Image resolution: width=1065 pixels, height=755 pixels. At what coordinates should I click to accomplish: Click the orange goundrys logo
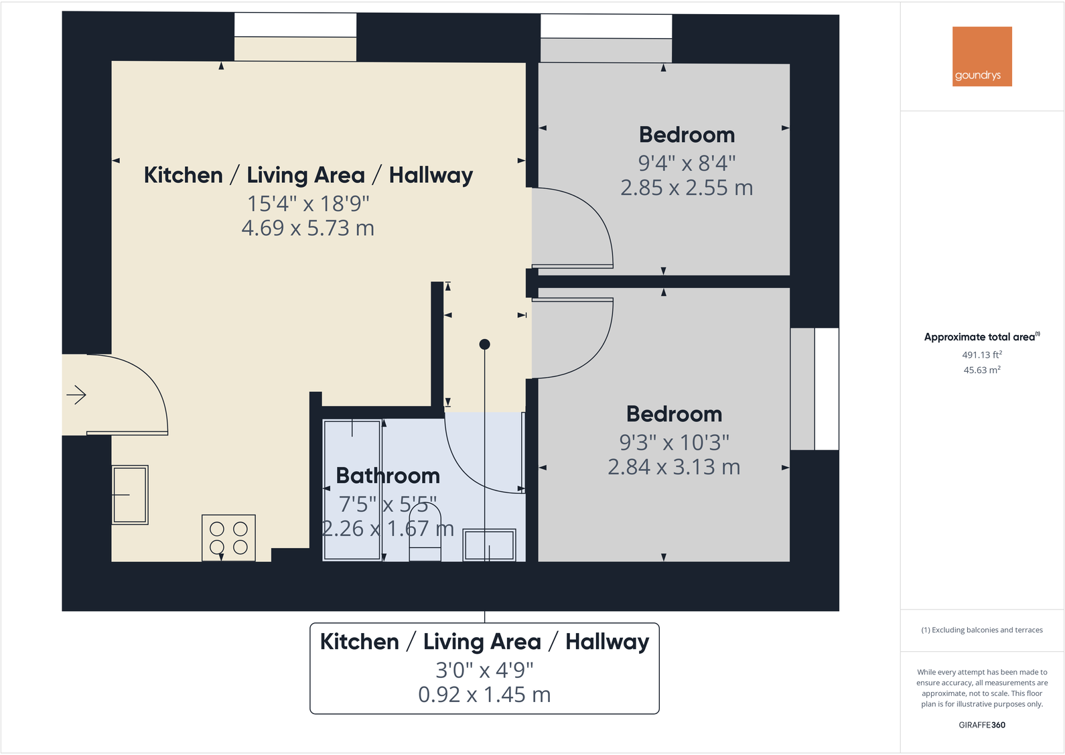coord(982,56)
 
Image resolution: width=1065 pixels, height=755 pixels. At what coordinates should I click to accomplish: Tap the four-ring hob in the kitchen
coord(228,538)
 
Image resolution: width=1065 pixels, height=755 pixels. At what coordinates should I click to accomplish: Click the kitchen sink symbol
coord(130,495)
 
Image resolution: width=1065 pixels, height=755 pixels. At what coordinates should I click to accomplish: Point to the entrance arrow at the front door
coord(76,395)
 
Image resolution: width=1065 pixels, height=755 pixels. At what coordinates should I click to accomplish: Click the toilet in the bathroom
coord(425,533)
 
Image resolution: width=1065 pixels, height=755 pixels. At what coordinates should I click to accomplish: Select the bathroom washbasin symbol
coord(489,545)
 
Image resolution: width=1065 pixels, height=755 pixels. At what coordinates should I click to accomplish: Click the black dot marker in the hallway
coord(485,344)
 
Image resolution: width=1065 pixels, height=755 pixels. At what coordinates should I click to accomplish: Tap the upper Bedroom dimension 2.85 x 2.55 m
coord(687,188)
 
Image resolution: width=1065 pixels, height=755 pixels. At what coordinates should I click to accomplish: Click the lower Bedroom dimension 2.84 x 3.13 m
coord(674,467)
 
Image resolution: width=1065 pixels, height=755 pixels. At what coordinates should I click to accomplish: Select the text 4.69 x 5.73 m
coord(307,228)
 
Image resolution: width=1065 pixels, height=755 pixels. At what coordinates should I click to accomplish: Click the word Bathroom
coord(388,476)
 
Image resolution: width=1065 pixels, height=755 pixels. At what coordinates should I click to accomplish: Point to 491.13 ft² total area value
coord(981,355)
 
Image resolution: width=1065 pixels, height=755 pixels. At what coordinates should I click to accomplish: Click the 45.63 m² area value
coord(981,370)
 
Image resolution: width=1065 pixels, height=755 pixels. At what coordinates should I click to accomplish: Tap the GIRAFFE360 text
coord(981,725)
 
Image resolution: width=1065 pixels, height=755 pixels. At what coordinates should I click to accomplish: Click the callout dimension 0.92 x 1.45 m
coord(484,695)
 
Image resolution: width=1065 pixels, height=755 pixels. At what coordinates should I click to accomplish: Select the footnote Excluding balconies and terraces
coord(982,630)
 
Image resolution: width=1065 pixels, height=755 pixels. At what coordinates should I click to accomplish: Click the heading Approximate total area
coord(979,337)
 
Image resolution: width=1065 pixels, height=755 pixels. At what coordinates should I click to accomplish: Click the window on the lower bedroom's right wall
coord(814,389)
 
